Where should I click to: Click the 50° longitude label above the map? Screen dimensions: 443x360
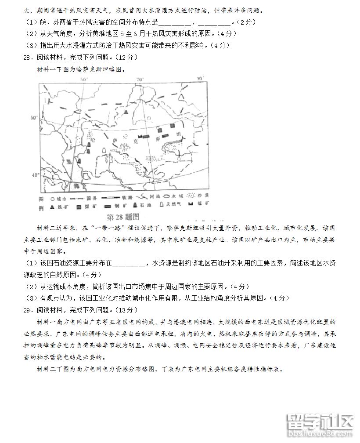(84, 79)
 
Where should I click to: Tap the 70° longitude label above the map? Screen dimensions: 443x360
(140, 79)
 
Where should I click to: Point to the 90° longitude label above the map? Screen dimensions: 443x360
(200, 79)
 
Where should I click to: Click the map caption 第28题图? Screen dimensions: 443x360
(123, 216)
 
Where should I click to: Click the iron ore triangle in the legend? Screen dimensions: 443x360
(51, 206)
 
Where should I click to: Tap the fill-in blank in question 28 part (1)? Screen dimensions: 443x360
(129, 264)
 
